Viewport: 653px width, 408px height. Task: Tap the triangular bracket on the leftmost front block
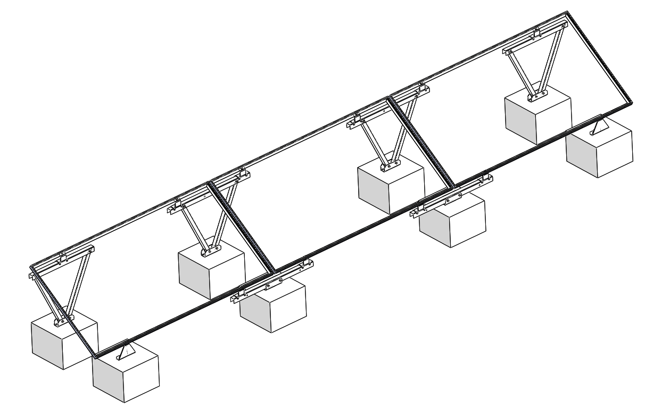[x=126, y=351]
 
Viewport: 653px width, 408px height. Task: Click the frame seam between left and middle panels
[x=242, y=226]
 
